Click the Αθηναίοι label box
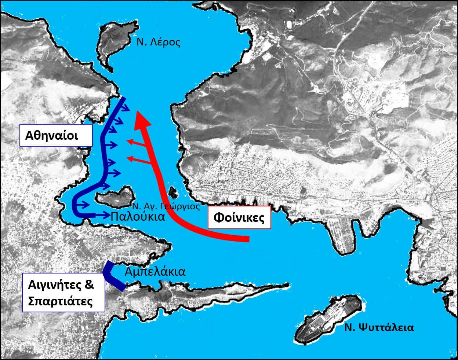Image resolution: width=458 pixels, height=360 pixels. tap(56, 135)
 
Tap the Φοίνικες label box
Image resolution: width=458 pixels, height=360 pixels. tap(239, 217)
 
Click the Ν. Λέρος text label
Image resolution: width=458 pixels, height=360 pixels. tap(159, 42)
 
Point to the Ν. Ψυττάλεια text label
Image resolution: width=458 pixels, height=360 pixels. tap(379, 327)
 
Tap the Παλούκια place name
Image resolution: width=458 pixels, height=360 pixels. tap(138, 217)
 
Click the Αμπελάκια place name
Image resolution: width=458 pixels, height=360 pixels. tap(155, 272)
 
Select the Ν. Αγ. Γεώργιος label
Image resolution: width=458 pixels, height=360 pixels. tap(166, 206)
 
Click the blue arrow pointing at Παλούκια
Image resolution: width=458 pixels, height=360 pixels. tap(103, 215)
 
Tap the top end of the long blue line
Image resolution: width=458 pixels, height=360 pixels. tap(124, 99)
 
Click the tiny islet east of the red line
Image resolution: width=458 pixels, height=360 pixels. tap(173, 191)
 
